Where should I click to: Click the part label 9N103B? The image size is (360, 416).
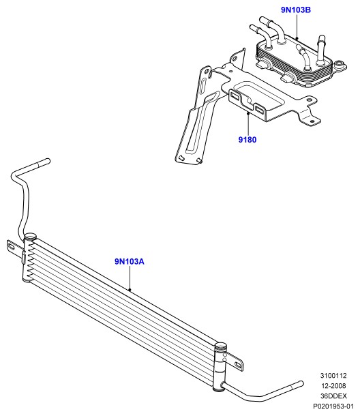tap(296, 10)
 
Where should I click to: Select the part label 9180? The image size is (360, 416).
tap(247, 139)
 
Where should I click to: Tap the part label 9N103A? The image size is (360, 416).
tap(130, 261)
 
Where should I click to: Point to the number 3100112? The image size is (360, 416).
tap(333, 375)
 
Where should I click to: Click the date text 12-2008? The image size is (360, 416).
tap(333, 385)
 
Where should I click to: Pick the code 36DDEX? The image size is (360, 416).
tap(333, 396)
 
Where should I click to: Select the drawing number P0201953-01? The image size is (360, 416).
tap(333, 406)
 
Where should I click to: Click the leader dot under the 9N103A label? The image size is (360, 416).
tap(130, 289)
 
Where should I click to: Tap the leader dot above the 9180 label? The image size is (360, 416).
tap(248, 113)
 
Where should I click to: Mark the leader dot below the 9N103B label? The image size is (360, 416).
tap(297, 39)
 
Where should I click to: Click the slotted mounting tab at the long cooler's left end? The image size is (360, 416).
tap(14, 248)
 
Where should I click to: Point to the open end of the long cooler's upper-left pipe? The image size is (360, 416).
tap(48, 161)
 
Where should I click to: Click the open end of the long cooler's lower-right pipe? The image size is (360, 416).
tap(301, 384)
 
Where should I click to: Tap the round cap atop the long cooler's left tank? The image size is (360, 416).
tap(30, 236)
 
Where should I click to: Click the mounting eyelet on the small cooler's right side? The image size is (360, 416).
tap(340, 65)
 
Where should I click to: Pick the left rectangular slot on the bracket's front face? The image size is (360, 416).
tap(235, 95)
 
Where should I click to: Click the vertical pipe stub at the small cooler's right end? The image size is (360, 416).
tap(320, 50)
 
